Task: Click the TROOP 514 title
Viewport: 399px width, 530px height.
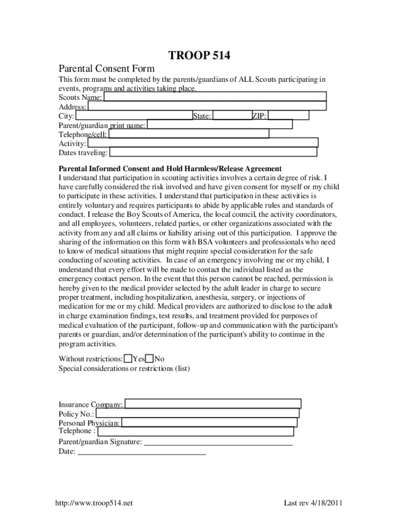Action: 199,56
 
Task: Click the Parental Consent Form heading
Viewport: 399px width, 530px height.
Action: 107,69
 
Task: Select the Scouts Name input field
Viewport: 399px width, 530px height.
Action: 215,96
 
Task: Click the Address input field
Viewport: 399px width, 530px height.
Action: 207,106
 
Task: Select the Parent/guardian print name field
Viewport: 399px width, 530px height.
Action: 220,124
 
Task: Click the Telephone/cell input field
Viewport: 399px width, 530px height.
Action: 189,134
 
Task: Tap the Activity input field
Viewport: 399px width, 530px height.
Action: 203,143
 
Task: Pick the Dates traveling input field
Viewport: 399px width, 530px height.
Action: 213,152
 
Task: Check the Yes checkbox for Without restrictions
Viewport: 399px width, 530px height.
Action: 128,359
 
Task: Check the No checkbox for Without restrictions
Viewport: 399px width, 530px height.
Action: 149,359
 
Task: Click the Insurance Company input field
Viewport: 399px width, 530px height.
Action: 213,404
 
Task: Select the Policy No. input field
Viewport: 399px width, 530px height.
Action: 197,414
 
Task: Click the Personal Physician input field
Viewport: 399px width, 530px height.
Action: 209,422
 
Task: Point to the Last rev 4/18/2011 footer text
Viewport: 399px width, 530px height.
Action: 312,504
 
